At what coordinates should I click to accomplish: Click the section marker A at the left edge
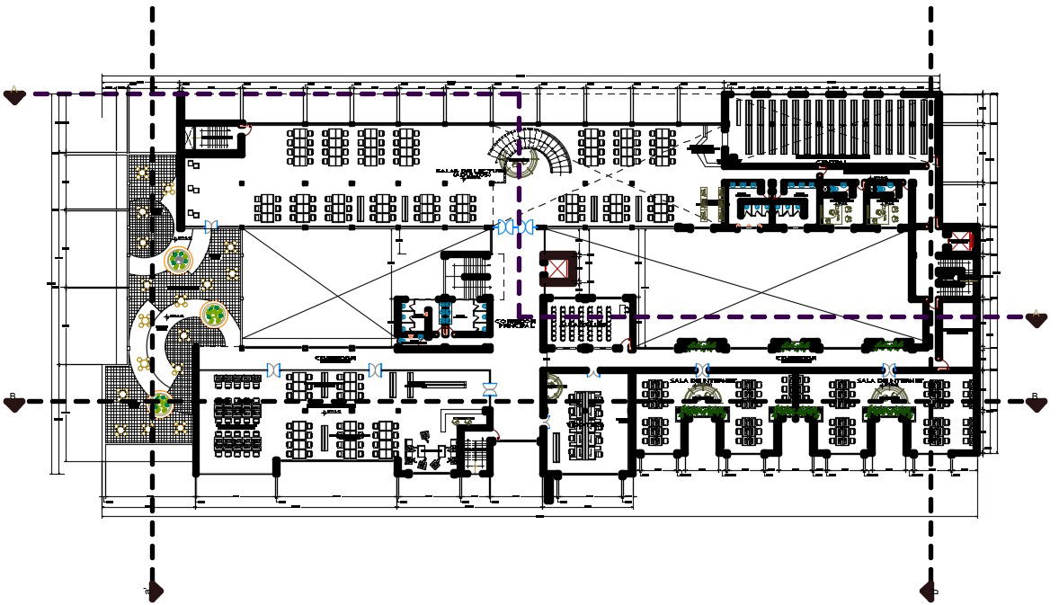pos(14,95)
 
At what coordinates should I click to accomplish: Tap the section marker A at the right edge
pos(1036,319)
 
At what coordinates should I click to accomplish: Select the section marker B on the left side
pos(14,404)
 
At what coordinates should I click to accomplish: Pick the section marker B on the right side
pos(1036,404)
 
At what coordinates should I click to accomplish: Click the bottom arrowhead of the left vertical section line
pos(154,591)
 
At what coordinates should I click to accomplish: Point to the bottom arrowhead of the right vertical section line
pos(930,591)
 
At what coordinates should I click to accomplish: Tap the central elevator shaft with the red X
pos(557,268)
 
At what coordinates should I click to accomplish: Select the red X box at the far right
pos(961,240)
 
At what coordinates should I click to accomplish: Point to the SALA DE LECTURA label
pos(465,172)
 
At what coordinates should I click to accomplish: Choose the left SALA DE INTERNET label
pos(702,380)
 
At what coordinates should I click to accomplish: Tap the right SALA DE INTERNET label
pos(889,380)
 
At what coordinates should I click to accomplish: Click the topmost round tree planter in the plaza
pos(180,261)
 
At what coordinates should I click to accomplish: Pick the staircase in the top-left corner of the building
pos(214,138)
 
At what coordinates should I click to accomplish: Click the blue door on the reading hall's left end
pos(211,227)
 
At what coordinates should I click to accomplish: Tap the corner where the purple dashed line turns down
pos(520,93)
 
